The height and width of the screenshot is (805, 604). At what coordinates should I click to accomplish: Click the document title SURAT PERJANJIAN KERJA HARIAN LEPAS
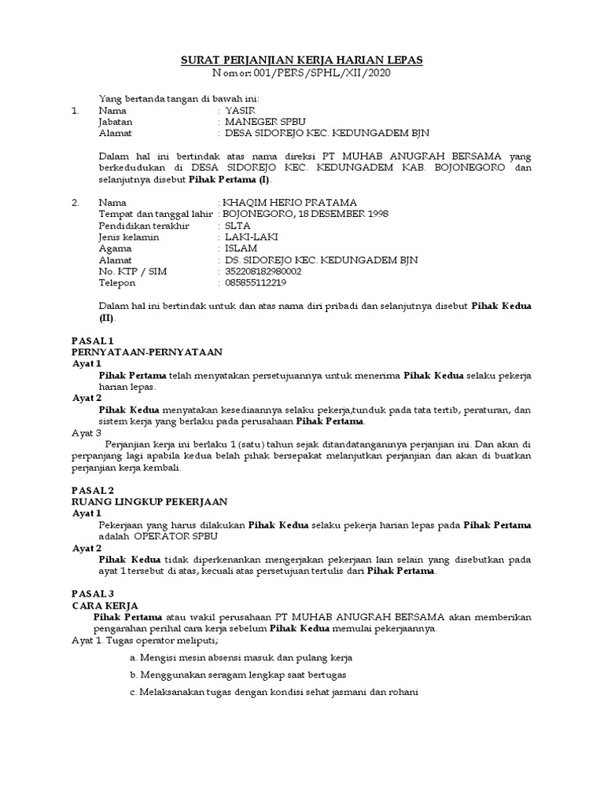point(302,60)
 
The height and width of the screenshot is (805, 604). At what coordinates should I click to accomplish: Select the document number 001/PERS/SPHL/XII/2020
point(322,73)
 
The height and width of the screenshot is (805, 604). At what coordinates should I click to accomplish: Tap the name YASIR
point(241,111)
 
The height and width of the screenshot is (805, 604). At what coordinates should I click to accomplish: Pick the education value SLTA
point(238,226)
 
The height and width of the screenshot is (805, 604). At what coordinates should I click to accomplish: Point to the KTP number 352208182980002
point(263,271)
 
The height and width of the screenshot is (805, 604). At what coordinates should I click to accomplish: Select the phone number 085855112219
point(255,283)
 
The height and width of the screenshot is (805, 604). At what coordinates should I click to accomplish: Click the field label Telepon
point(117,283)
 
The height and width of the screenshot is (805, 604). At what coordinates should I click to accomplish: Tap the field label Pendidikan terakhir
point(138,226)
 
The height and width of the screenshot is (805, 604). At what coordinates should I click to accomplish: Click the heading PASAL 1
point(93,340)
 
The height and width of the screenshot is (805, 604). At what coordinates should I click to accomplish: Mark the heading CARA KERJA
point(105,606)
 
